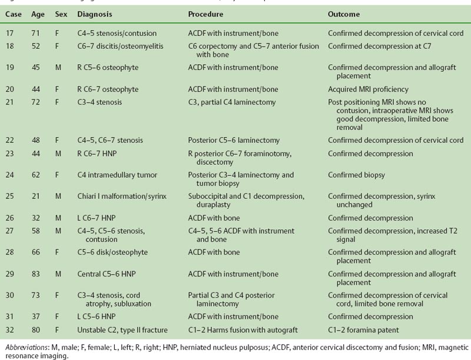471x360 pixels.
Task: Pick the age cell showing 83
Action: click(x=35, y=274)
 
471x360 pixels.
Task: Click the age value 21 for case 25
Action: click(x=35, y=196)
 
